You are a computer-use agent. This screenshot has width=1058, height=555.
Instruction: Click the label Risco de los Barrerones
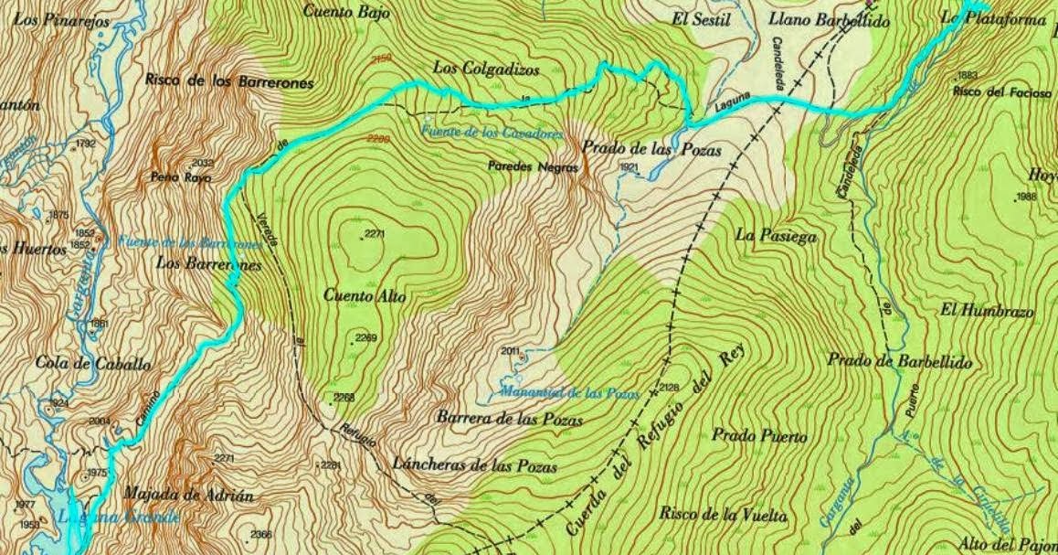tap(228, 81)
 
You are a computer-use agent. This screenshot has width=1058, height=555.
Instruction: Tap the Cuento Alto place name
tap(365, 295)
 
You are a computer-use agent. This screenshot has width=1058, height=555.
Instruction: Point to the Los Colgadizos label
tap(486, 69)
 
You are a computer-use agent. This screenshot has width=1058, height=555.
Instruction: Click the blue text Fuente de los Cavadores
tap(492, 133)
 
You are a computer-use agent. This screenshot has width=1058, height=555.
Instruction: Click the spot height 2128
tap(669, 388)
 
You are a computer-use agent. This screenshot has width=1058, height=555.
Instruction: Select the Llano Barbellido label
tap(830, 19)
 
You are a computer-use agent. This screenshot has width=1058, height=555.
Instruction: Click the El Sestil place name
tap(701, 19)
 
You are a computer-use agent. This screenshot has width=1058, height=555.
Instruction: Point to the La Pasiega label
tap(775, 235)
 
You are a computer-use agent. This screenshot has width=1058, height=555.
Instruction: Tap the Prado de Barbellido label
tap(900, 360)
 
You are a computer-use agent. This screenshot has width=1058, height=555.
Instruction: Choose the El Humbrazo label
tap(987, 311)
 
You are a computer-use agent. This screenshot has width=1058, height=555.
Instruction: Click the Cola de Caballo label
tap(92, 363)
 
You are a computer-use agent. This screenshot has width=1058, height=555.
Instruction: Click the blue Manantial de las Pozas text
tap(570, 393)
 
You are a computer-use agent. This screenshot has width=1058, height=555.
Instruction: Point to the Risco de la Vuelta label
tap(723, 514)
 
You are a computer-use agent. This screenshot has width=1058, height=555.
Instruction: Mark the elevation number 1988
tap(1027, 197)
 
